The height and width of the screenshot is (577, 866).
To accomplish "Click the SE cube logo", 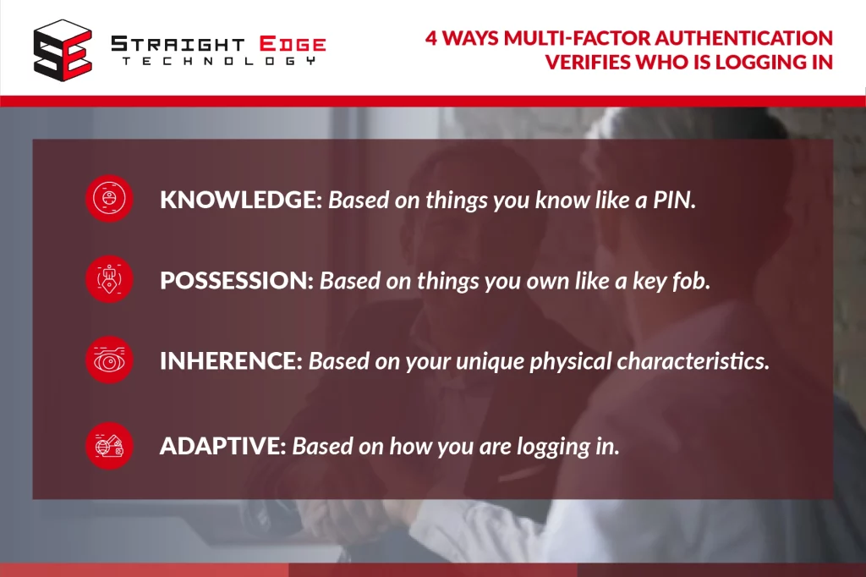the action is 63,50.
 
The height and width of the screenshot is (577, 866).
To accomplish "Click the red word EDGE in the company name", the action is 293,44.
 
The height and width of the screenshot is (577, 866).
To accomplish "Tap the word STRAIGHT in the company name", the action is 178,44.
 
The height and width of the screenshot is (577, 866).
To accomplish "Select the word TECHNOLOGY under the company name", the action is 219,61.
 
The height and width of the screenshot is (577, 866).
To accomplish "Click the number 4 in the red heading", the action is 431,38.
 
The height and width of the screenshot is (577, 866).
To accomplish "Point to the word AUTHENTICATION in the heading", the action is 743,38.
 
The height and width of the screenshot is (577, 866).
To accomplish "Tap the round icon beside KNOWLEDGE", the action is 109,199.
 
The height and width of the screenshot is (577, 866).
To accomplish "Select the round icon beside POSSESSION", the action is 109,279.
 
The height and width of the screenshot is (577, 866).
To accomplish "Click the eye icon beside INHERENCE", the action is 109,360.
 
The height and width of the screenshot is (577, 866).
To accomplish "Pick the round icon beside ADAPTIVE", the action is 109,446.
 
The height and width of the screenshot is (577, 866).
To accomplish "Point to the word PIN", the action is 674,200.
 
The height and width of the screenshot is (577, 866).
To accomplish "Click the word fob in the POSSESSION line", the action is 691,280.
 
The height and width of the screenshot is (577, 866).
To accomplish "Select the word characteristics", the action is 693,361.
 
